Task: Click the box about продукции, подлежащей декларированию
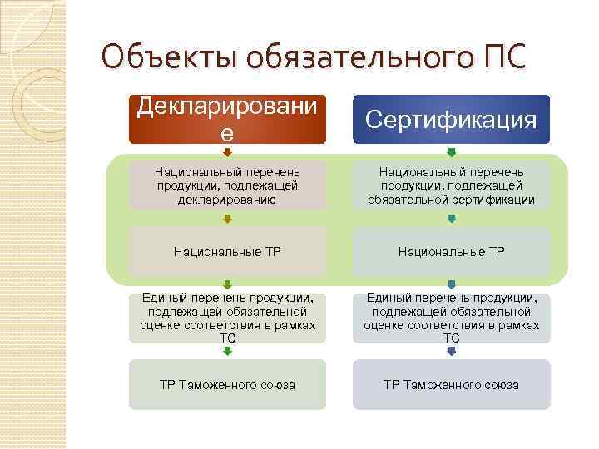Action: (x=226, y=185)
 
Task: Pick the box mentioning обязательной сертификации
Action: (x=451, y=185)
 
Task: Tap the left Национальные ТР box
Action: (x=226, y=250)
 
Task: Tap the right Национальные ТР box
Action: (x=451, y=250)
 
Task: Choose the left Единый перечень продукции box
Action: (x=226, y=318)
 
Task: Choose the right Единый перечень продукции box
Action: (x=451, y=318)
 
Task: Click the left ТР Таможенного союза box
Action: (x=226, y=384)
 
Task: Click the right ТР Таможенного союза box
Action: (x=451, y=384)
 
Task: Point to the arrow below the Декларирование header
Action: (x=226, y=153)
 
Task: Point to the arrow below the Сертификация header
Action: (x=451, y=153)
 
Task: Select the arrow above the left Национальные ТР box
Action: (x=226, y=219)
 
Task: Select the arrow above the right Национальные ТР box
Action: (x=451, y=219)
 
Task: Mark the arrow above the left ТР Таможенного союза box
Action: (x=226, y=351)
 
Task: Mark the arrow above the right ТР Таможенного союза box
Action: (x=451, y=351)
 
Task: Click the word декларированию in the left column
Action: (x=226, y=199)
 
